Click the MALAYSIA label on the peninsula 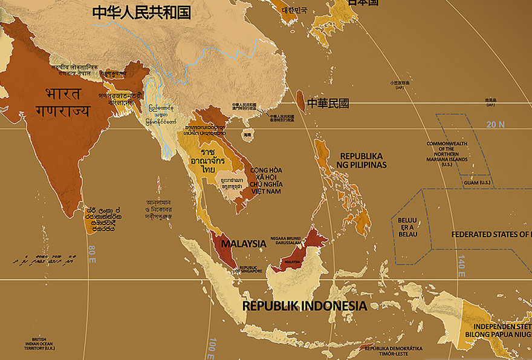click(x=243, y=244)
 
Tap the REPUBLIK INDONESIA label click(x=304, y=306)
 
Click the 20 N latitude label click(x=495, y=124)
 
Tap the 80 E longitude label click(x=92, y=255)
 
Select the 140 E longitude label click(x=461, y=266)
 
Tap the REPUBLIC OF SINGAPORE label click(x=250, y=269)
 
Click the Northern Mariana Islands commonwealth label click(x=447, y=154)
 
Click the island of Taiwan click(x=300, y=100)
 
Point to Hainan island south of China click(x=247, y=137)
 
